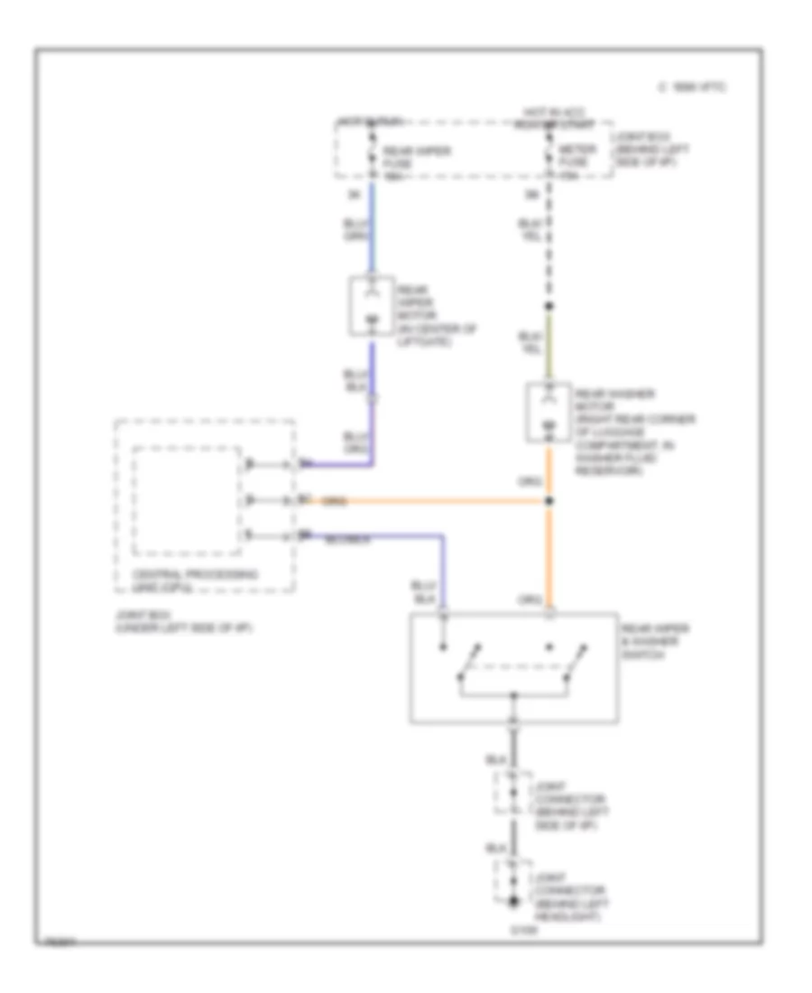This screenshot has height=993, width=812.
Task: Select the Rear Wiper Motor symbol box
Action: point(370,306)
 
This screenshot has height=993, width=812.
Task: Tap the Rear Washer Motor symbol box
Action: point(548,413)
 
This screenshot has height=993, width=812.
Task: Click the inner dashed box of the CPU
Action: point(187,501)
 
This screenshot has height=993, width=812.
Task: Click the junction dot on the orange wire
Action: point(549,500)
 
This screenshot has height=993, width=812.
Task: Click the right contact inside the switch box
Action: point(570,664)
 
